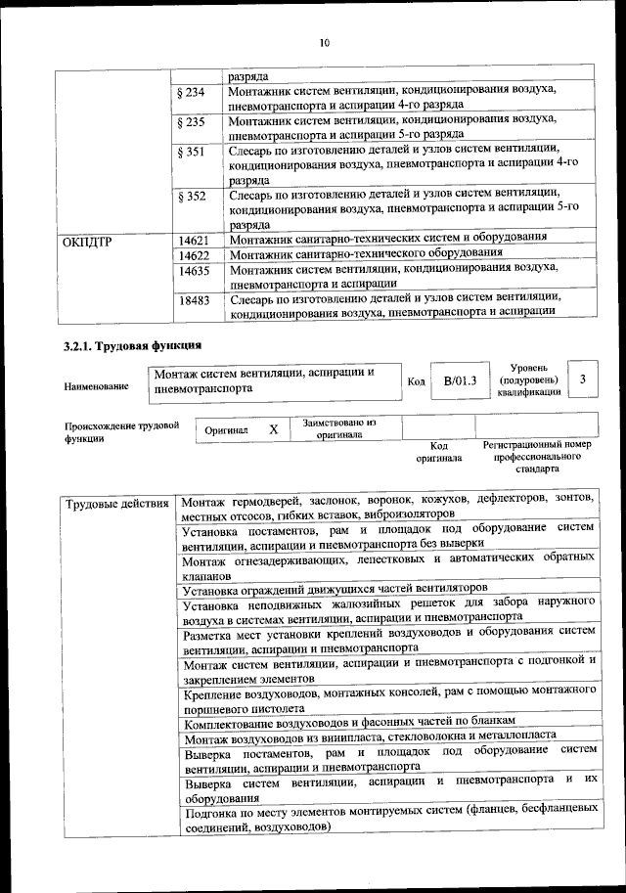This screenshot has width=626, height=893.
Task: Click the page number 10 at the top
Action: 325,41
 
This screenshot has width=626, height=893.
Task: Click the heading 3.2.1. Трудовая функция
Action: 132,346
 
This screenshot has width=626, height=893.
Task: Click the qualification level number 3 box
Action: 583,380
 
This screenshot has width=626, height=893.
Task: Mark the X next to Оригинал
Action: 274,429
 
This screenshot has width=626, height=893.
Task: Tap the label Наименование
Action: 96,386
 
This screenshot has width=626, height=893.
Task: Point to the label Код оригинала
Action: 438,451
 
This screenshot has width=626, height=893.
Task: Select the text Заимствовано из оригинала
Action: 338,428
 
